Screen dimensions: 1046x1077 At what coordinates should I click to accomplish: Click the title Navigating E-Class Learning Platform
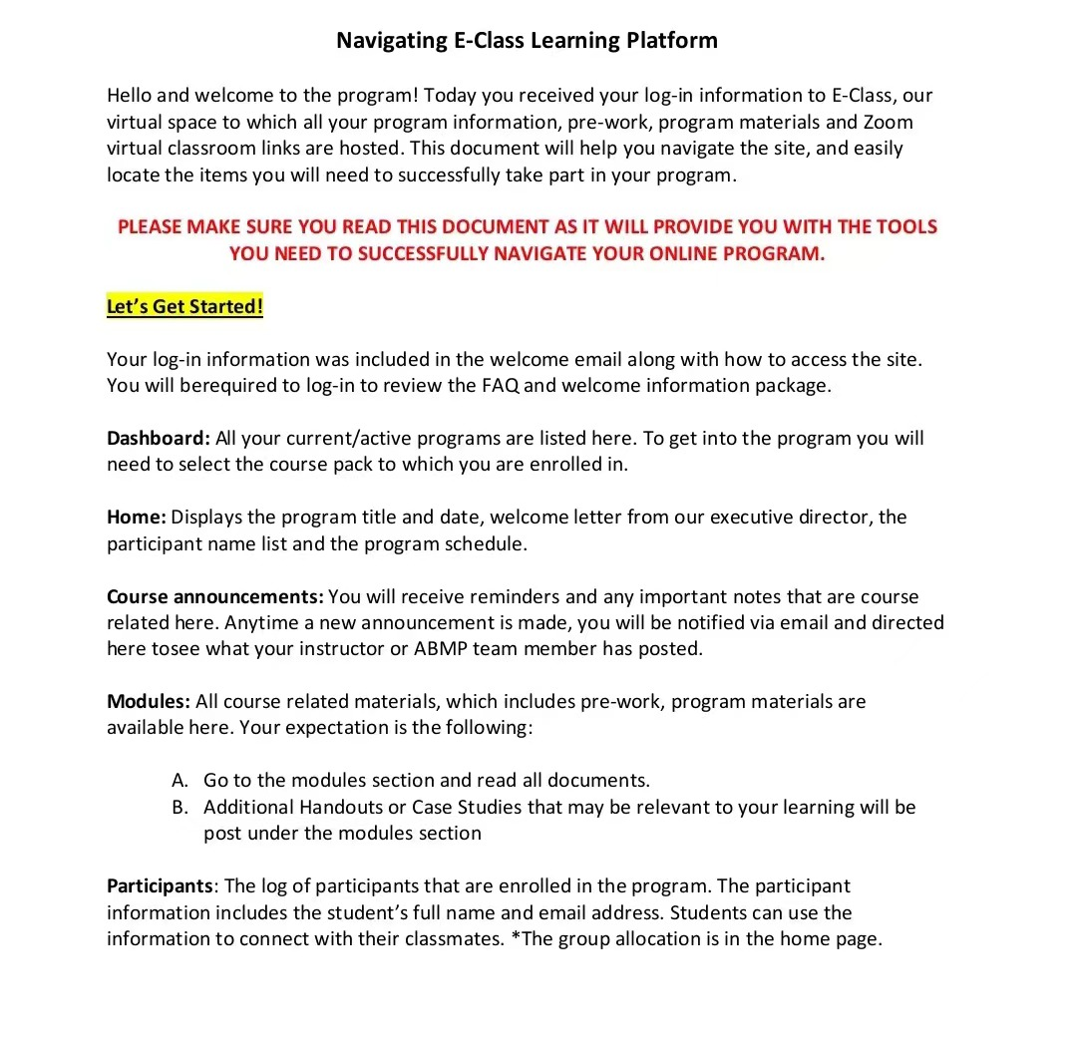pyautogui.click(x=527, y=41)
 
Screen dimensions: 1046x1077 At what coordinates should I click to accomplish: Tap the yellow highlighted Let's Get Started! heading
pyautogui.click(x=184, y=306)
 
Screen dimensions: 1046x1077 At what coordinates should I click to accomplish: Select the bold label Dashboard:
pyautogui.click(x=159, y=439)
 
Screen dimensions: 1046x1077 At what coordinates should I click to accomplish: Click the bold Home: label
pyautogui.click(x=137, y=518)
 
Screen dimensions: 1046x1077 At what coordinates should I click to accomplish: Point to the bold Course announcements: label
pyautogui.click(x=214, y=597)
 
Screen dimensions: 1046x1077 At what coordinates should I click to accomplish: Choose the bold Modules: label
pyautogui.click(x=149, y=702)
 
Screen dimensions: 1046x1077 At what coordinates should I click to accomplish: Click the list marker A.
pyautogui.click(x=179, y=781)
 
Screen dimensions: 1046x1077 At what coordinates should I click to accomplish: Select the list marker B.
pyautogui.click(x=179, y=808)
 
